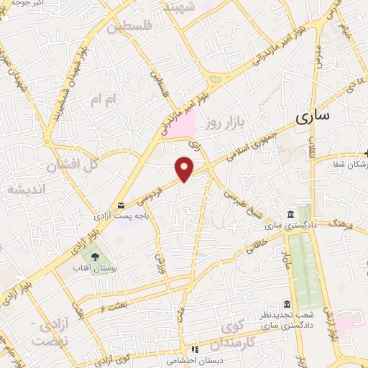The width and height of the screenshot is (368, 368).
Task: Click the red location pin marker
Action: (x=185, y=169)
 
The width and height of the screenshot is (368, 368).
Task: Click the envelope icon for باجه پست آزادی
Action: (x=121, y=205)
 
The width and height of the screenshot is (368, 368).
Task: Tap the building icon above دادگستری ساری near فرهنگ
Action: (x=290, y=215)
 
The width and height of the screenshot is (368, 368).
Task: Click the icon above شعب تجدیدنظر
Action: (x=287, y=304)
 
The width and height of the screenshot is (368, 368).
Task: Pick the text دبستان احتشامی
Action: (x=183, y=359)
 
